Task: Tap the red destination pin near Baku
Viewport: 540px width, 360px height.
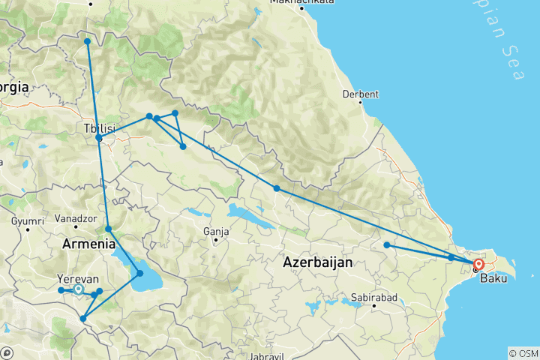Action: click(x=478, y=265)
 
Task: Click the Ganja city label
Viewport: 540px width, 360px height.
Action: click(x=215, y=231)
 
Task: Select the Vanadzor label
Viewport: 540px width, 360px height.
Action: click(x=74, y=220)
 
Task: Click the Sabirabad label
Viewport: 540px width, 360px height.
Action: click(x=373, y=298)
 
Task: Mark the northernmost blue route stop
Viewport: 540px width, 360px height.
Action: click(x=87, y=41)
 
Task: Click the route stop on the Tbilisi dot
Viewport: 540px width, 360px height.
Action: click(x=99, y=139)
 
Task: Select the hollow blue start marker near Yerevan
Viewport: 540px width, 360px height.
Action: click(x=78, y=289)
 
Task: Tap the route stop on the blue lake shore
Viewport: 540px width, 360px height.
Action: click(x=139, y=273)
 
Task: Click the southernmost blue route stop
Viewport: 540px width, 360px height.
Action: click(x=82, y=319)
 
